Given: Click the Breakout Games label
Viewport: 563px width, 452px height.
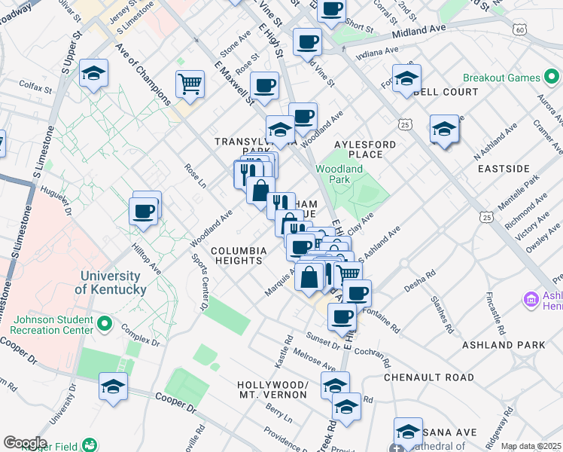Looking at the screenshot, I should (x=502, y=78).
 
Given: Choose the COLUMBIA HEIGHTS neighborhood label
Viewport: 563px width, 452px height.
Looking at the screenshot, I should (x=239, y=255).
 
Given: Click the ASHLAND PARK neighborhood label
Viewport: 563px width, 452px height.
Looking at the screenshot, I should (x=516, y=345).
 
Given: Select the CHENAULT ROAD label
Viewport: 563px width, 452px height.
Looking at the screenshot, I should (x=429, y=377).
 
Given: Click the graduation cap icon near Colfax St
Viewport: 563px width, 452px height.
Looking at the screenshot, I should (x=94, y=73).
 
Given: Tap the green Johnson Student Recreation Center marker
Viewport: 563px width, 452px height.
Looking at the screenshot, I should (x=105, y=325).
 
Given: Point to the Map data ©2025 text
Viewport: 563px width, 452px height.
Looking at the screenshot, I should (x=531, y=446).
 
